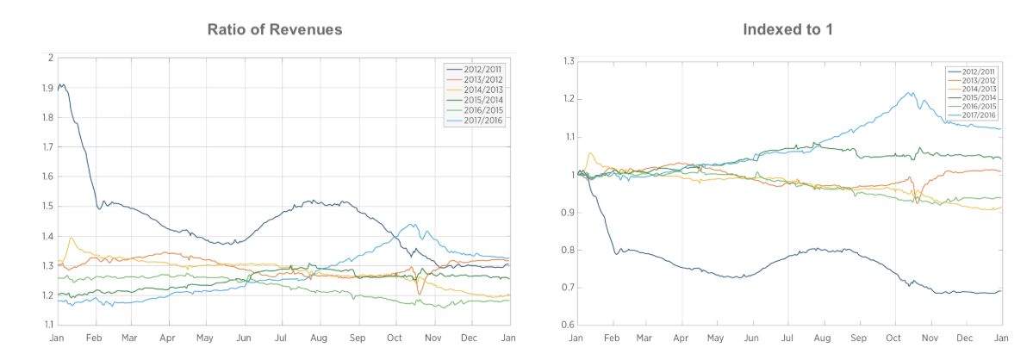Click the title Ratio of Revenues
coord(275,29)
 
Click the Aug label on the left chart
coord(319,337)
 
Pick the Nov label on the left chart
coord(432,337)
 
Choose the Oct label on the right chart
coord(894,337)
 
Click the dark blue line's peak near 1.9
coord(63,84)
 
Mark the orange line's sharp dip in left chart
coord(420,294)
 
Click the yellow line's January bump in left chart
coord(72,238)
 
